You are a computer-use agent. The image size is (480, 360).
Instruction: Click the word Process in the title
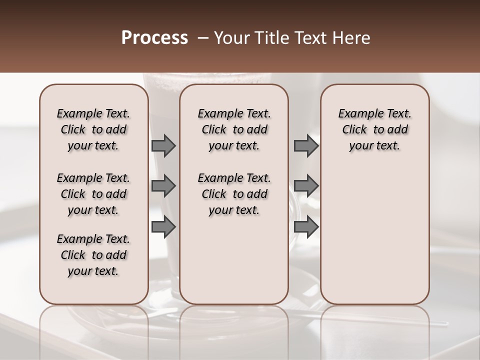point(154,38)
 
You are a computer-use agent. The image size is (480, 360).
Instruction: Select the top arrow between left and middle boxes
point(163,146)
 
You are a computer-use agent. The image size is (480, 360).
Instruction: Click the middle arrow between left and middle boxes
point(163,186)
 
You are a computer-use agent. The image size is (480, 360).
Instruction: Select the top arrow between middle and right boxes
point(306,146)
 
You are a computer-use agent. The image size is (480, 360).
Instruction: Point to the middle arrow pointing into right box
point(306,186)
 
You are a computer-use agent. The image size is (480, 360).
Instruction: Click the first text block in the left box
point(93,129)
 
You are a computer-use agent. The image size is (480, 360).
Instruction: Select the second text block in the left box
point(93,194)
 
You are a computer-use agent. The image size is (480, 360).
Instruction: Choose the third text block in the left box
point(93,255)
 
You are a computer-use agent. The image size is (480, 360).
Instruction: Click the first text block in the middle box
point(234,129)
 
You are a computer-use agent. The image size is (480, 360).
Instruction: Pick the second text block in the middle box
point(234,194)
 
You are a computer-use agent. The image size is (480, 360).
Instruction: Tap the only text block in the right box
point(374,129)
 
